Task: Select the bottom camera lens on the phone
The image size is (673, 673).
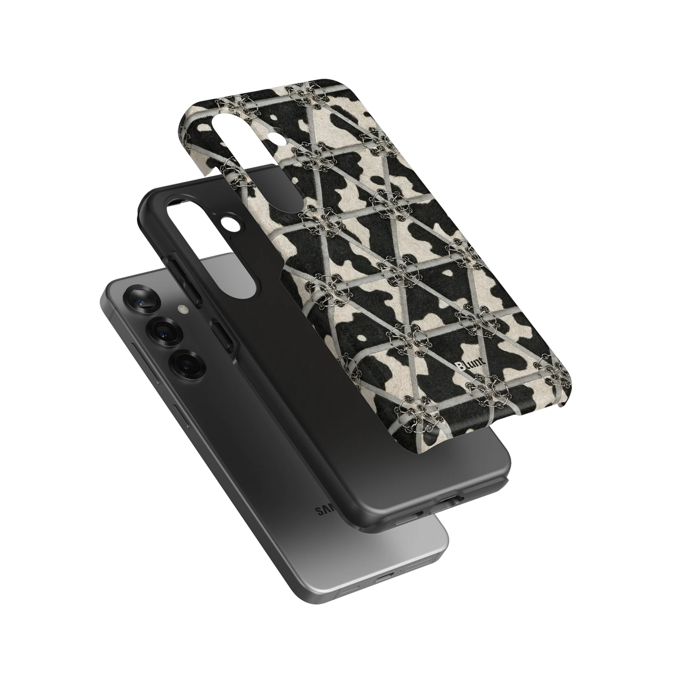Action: [186, 362]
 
